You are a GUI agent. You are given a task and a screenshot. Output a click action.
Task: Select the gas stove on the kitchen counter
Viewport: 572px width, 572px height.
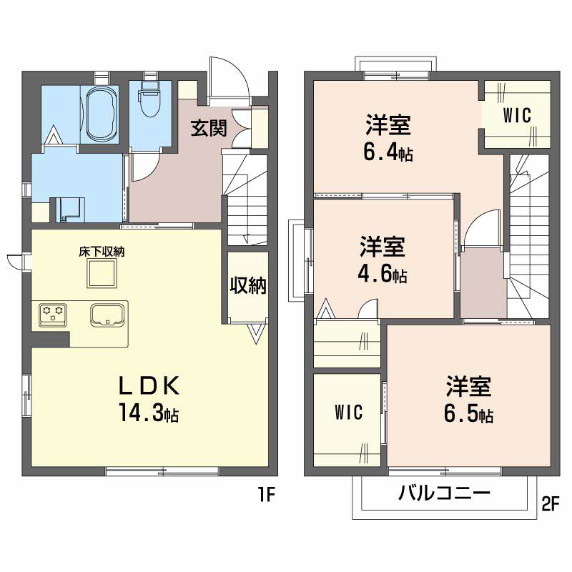pos(53,315)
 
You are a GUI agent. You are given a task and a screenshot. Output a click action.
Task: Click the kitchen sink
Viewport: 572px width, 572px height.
pos(107,315)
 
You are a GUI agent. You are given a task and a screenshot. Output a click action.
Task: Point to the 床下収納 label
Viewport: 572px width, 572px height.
pos(102,252)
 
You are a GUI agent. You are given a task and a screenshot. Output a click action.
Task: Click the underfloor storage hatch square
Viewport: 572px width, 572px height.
pos(102,273)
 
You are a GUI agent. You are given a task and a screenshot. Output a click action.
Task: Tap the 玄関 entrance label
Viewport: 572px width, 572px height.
pos(209,128)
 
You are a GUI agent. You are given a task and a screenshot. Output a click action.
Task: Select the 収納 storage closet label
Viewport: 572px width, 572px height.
pos(248,285)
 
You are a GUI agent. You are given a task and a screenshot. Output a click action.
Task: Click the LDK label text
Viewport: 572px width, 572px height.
pos(149,386)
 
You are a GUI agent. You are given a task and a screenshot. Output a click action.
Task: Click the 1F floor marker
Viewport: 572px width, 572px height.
pos(266,494)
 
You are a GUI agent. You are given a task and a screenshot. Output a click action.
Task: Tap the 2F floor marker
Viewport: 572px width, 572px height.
pos(551,505)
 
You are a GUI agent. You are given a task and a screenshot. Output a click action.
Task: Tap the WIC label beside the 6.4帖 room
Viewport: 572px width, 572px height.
pos(517,116)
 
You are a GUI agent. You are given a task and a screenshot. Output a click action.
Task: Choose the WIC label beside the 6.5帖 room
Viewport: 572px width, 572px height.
pos(348,413)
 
